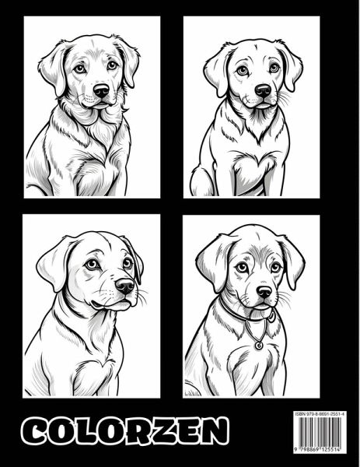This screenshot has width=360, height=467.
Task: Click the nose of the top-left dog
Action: pos(101,90)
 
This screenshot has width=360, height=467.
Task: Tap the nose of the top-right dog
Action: pos(263,90)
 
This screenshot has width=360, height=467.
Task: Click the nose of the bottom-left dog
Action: pos(125,286)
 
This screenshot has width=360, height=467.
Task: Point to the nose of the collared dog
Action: pos(264,292)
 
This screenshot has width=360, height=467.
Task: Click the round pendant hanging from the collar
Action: pos(259,345)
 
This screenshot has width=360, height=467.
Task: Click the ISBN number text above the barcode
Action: pos(320,414)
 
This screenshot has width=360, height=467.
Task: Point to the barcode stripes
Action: pos(320,431)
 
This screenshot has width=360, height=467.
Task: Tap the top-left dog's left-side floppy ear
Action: pos(54,69)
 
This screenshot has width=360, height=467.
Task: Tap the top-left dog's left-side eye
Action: pos(80,69)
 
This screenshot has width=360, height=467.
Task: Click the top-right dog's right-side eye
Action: pos(274,68)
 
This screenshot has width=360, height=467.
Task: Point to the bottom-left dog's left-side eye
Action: pos(92,264)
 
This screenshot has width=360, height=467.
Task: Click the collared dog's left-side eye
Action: pos(242,268)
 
